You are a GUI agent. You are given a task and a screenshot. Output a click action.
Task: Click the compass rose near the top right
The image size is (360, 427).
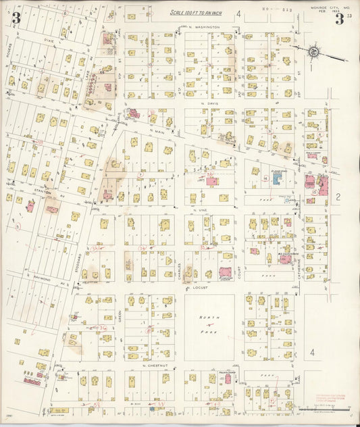(x=315, y=51)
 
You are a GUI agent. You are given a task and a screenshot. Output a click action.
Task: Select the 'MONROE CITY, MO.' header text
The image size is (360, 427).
(x=329, y=7)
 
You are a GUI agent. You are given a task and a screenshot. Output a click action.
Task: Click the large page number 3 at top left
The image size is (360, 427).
(x=16, y=18)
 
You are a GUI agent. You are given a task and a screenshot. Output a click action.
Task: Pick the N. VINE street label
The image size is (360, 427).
(x=200, y=210)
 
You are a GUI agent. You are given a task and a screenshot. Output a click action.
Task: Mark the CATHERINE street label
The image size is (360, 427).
(x=297, y=257)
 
